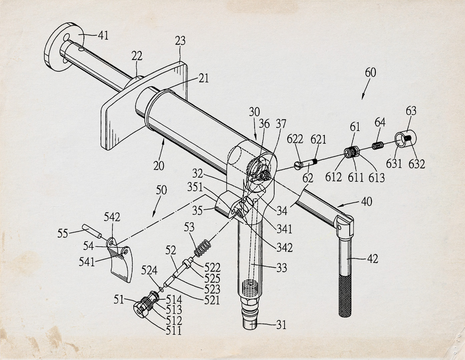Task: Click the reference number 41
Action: (x=103, y=35)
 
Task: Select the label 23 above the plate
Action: (x=180, y=42)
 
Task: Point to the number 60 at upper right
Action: (x=370, y=72)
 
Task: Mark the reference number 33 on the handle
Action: (x=282, y=267)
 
